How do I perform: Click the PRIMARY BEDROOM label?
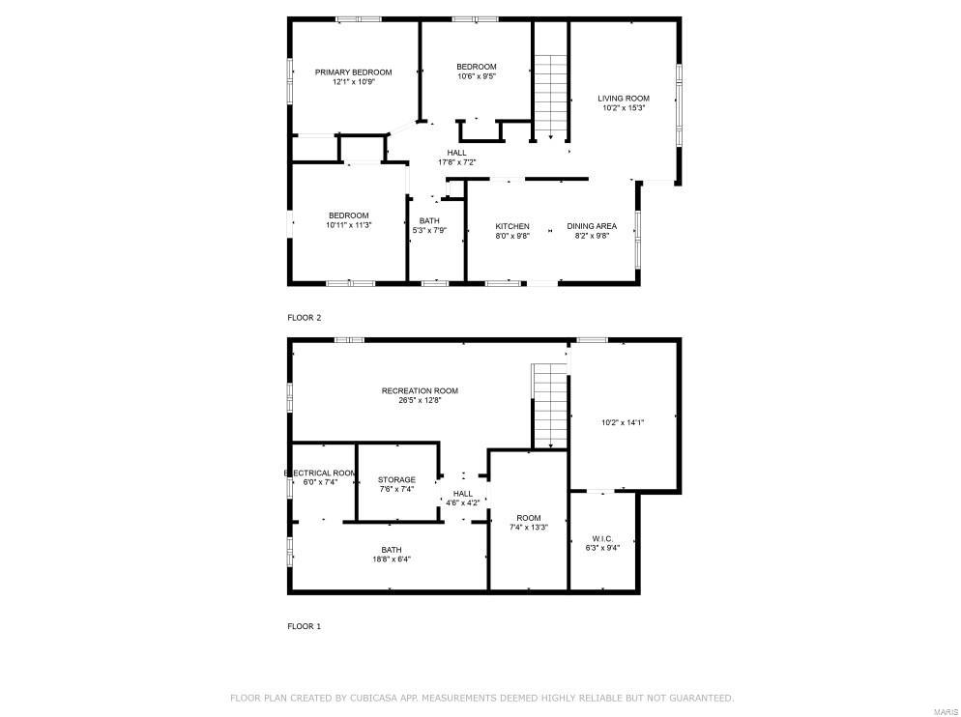pos(353,72)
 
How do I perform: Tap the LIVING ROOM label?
pos(623,98)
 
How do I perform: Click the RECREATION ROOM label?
pos(420,390)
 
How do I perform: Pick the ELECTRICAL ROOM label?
pos(320,473)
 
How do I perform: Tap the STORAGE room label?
pos(396,479)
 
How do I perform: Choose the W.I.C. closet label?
pos(603,537)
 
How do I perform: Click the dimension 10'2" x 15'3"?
pos(623,108)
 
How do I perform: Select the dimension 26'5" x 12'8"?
pos(420,401)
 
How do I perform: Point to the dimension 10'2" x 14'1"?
pos(623,422)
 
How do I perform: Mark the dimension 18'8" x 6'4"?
pos(392,559)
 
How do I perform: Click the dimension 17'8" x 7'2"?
pos(456,162)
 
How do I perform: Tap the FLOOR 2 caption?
pos(304,317)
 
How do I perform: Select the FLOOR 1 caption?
pos(304,626)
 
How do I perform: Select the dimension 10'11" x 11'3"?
pos(348,225)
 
